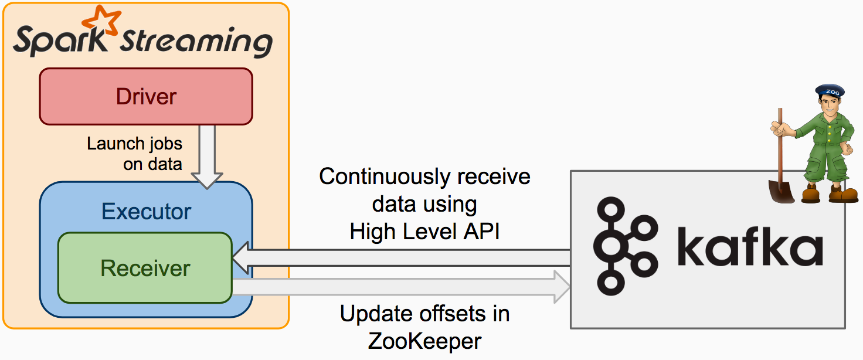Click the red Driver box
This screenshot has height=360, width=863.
[x=146, y=96]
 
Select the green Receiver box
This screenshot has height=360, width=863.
[x=145, y=268]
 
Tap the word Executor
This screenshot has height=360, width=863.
[x=146, y=211]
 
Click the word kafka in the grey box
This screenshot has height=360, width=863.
[x=750, y=247]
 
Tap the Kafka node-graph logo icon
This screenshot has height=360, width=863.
[x=623, y=246]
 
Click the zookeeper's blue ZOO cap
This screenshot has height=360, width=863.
[x=830, y=91]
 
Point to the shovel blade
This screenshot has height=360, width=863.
[x=782, y=190]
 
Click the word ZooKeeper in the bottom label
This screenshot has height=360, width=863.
[x=424, y=341]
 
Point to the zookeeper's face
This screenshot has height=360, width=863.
[x=829, y=107]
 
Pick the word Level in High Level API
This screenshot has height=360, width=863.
[x=426, y=232]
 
